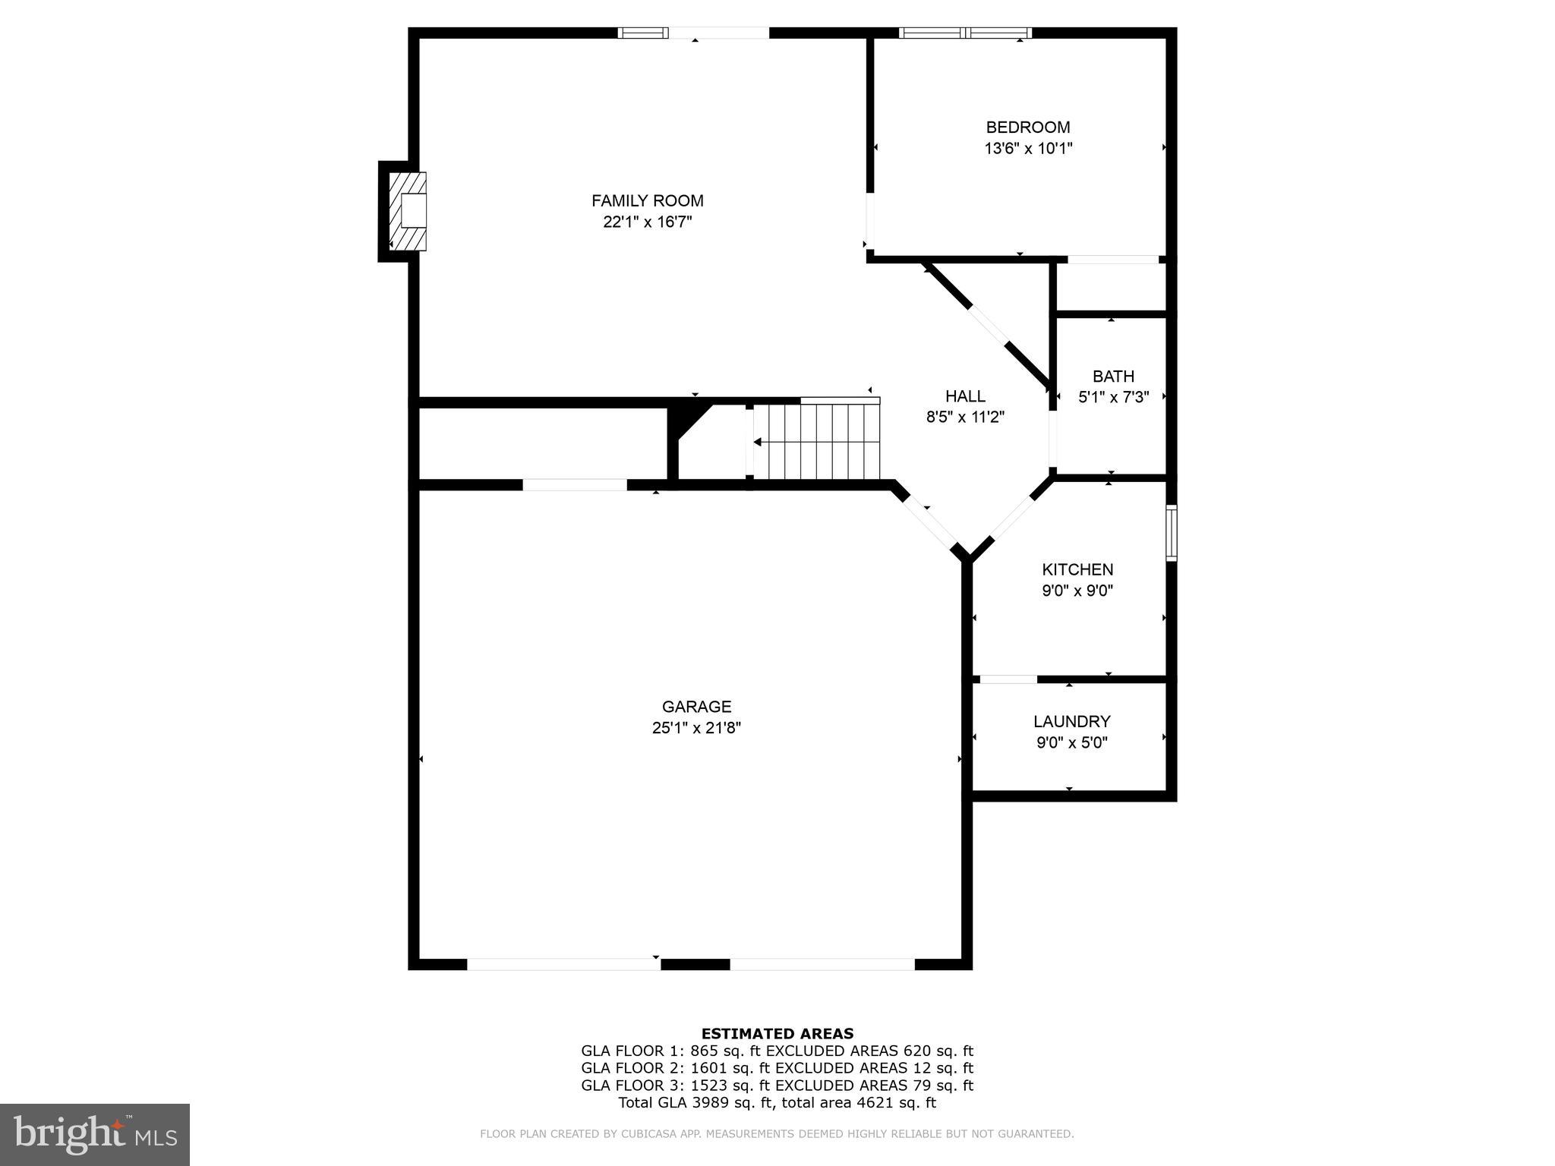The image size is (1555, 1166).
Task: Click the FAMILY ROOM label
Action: [x=647, y=200]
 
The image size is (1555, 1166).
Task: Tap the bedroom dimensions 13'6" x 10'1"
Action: [x=1028, y=149]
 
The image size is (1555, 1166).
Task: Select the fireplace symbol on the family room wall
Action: [x=408, y=211]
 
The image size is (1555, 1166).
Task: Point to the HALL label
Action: [x=965, y=395]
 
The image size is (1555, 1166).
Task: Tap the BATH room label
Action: [x=1113, y=376]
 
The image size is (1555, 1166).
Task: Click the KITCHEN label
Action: [x=1077, y=569]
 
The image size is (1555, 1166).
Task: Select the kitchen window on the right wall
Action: [x=1171, y=533]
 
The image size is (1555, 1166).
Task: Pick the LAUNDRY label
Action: [x=1071, y=721]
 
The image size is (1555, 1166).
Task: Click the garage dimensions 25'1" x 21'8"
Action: [x=696, y=728]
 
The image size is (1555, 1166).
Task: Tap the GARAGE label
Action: [x=696, y=707]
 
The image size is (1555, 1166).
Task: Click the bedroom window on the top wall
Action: [x=965, y=33]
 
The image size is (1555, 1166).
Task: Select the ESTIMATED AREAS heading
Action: [x=777, y=1033]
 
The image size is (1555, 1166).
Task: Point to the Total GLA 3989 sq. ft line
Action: [x=777, y=1103]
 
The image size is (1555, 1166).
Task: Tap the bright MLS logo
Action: [x=95, y=1135]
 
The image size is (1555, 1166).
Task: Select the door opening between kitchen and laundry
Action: [x=1008, y=679]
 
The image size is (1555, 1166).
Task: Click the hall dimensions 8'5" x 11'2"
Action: [x=965, y=417]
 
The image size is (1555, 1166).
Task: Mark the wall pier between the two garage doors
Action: [x=695, y=964]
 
